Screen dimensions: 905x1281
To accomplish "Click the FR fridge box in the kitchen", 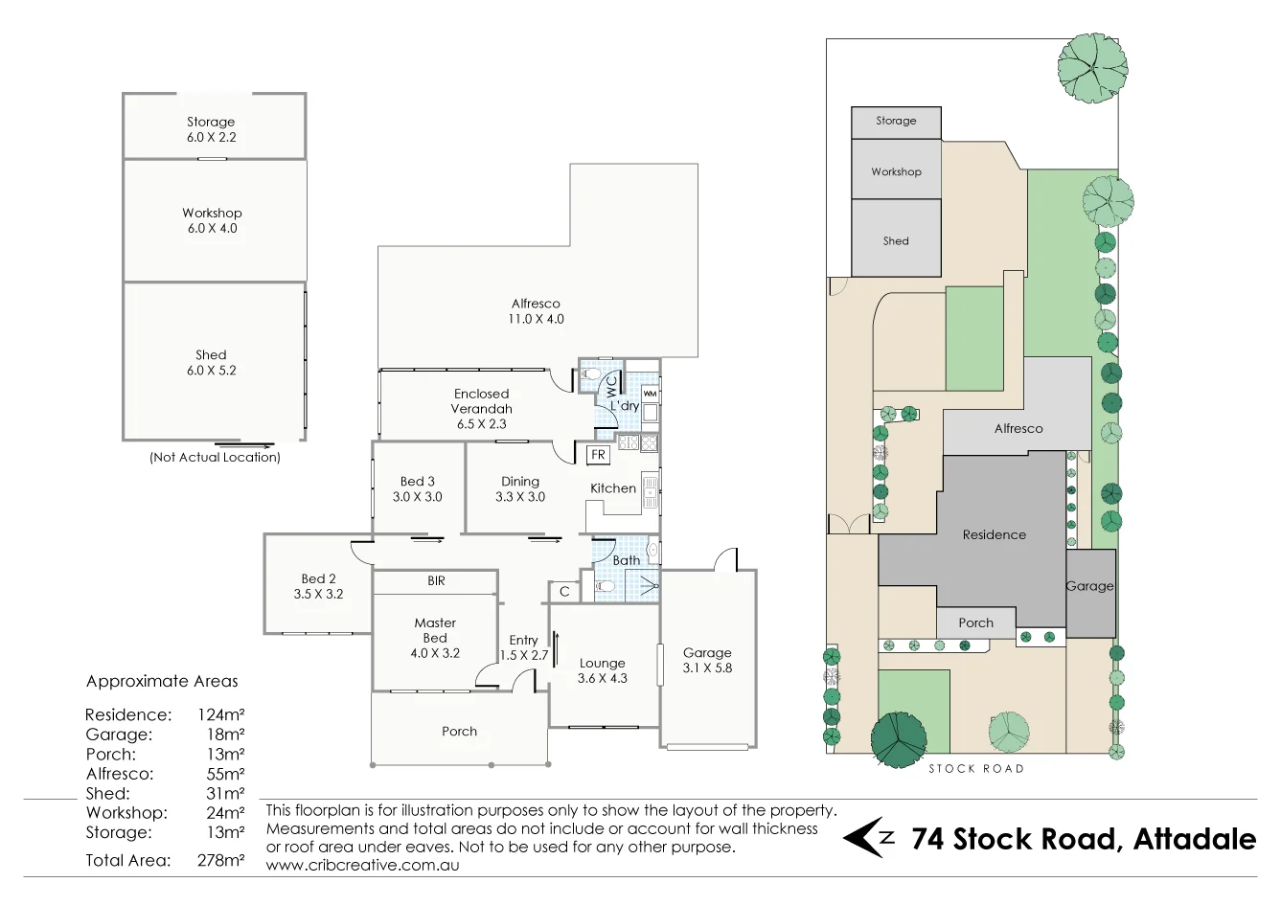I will [x=598, y=455].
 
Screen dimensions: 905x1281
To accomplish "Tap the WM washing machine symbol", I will [x=650, y=394].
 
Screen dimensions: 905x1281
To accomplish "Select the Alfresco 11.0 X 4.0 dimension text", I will [x=536, y=319].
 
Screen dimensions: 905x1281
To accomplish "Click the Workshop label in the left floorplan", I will [x=212, y=213].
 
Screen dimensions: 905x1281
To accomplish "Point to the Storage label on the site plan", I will [x=896, y=121].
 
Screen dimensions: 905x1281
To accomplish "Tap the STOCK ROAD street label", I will [x=975, y=768].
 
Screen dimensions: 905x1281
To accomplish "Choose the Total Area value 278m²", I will [x=219, y=860].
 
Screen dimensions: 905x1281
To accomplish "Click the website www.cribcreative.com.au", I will [x=362, y=865].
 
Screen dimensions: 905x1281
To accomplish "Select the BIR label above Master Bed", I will [x=436, y=580].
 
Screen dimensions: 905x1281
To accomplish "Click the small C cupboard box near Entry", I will [x=564, y=592].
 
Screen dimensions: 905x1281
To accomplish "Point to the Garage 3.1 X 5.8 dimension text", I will [x=707, y=668].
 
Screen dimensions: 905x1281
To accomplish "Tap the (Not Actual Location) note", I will [x=215, y=458].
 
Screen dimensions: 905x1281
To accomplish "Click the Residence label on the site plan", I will [x=994, y=534].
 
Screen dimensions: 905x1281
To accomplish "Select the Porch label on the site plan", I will [x=975, y=622].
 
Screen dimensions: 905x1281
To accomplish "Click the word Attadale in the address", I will [x=1194, y=839].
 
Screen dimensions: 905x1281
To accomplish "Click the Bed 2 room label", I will [x=318, y=578].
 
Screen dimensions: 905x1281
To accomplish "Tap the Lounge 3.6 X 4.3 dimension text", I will [x=603, y=678].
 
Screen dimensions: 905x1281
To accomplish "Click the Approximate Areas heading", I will [x=162, y=681].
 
